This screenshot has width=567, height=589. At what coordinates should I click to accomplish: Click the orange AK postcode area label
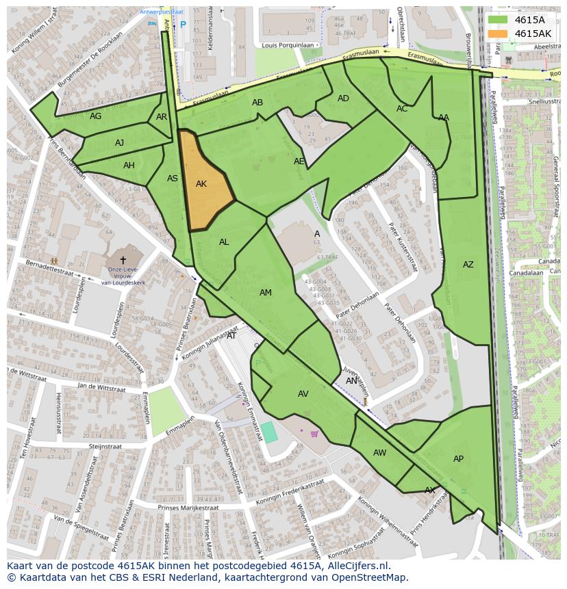(x=201, y=184)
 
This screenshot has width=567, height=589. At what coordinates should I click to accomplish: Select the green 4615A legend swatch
(x=498, y=20)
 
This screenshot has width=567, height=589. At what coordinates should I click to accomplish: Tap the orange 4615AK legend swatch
(x=498, y=34)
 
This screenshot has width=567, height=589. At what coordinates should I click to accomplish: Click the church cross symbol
(x=123, y=260)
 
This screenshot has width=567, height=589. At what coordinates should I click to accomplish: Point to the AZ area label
(x=468, y=265)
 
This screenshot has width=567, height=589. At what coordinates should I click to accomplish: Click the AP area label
(x=458, y=459)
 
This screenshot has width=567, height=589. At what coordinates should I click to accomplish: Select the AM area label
(x=266, y=293)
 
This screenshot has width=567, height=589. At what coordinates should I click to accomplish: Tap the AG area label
(x=95, y=116)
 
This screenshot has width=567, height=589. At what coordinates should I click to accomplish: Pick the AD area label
(x=343, y=99)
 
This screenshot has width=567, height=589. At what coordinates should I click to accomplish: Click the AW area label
(x=379, y=453)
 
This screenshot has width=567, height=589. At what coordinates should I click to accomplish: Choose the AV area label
(x=303, y=394)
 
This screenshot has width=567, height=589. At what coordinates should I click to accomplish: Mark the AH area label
(x=129, y=166)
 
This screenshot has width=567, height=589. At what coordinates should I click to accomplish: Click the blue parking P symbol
(x=183, y=25)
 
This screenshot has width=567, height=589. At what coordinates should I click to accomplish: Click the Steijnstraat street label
(x=105, y=446)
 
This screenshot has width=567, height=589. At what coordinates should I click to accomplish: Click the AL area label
(x=224, y=242)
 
